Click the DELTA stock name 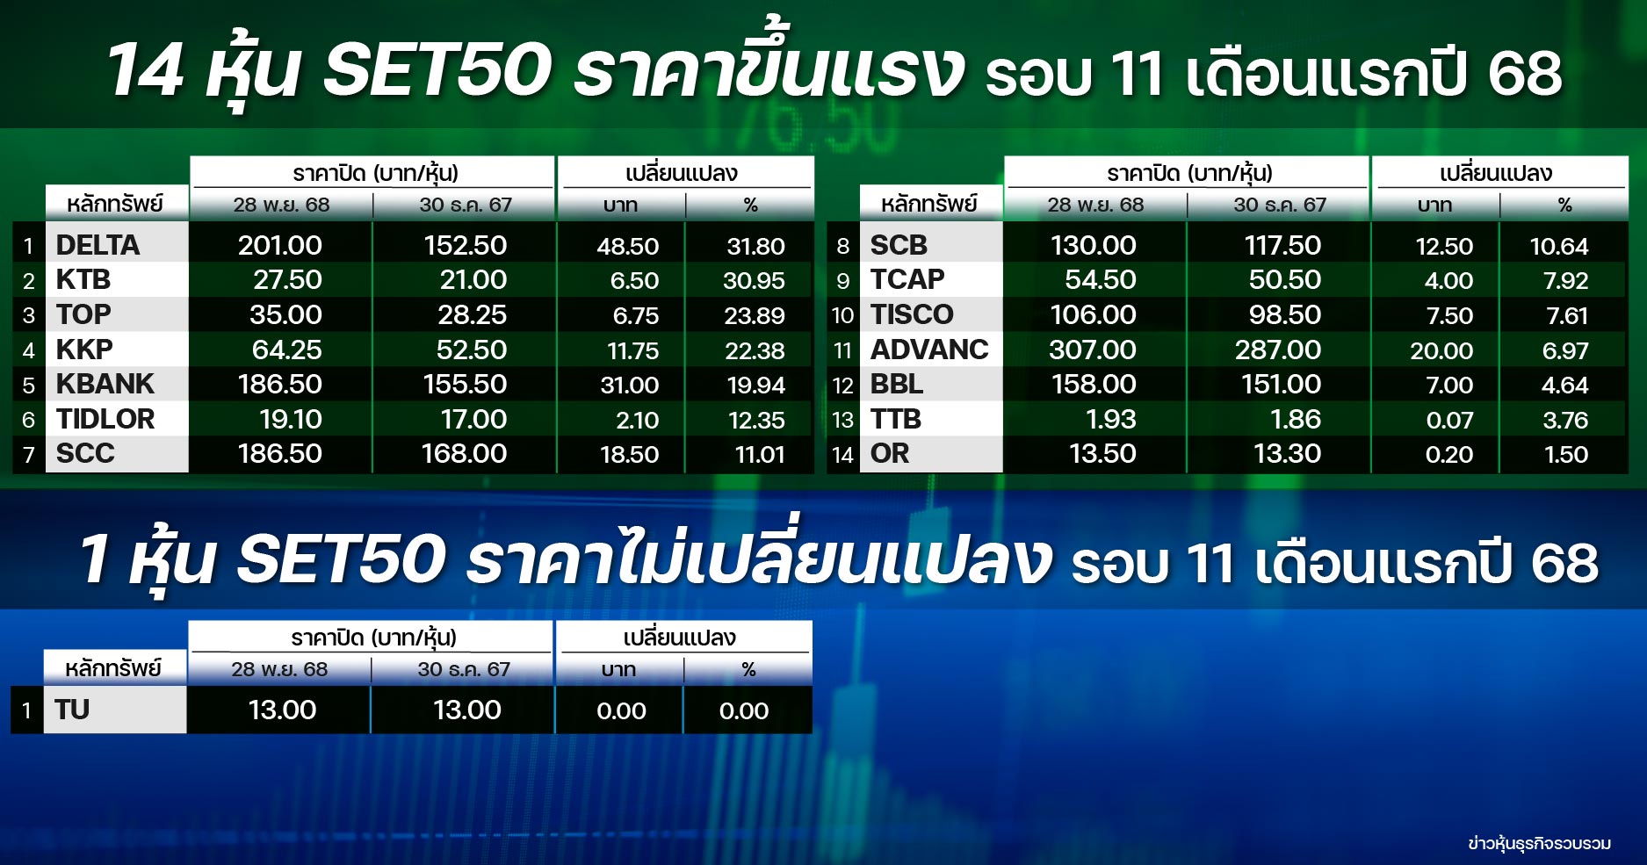tap(98, 245)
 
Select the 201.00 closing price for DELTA tap(280, 245)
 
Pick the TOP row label tap(83, 314)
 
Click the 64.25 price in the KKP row tap(287, 350)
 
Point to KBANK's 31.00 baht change tap(630, 385)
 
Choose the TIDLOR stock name tap(105, 419)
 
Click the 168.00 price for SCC tap(464, 453)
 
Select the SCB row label tap(899, 245)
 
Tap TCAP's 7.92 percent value tap(1565, 281)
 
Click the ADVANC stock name tap(929, 350)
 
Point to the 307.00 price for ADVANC tap(1093, 350)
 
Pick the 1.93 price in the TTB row tap(1111, 419)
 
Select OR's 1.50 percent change tap(1566, 454)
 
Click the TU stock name tap(72, 710)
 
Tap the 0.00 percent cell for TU tap(744, 710)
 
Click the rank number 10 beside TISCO tap(842, 315)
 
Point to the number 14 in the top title tap(146, 69)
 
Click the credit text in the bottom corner tap(1539, 843)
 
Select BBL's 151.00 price tap(1282, 384)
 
